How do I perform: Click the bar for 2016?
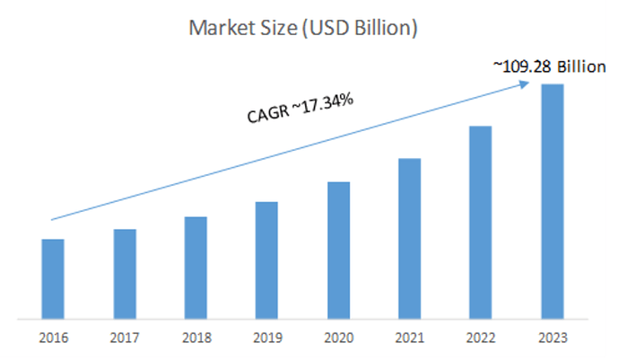pos(53,278)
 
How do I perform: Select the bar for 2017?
pos(125,274)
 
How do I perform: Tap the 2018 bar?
pos(196,268)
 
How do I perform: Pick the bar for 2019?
pos(266,259)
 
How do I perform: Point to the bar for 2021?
pos(409,238)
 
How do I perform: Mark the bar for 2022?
pos(480,222)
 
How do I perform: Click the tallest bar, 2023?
pos(552,201)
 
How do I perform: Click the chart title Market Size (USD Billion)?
pos(302,28)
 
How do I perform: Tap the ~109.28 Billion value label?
pos(549,66)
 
